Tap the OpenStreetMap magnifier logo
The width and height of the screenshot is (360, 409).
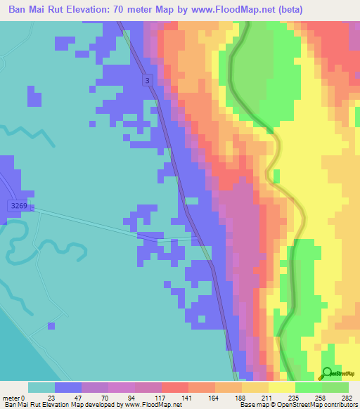coord(327,372)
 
